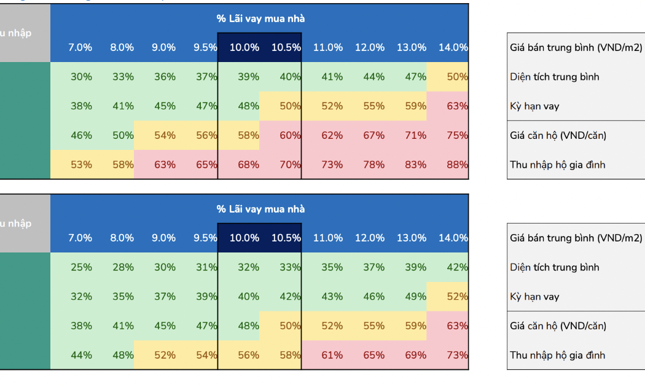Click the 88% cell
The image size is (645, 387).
[457, 165]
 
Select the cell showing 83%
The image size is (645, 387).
[415, 165]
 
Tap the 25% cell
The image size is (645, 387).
[81, 267]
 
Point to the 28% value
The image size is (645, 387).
[123, 267]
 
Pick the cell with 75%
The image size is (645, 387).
[457, 135]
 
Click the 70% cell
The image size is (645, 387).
[290, 165]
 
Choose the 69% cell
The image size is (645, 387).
[415, 355]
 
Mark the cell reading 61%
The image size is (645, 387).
[332, 355]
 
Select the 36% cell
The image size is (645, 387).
[165, 77]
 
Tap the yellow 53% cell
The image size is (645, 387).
[81, 165]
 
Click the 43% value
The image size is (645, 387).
[332, 297]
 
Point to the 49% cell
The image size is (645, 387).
[415, 297]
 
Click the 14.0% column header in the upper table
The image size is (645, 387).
[453, 47]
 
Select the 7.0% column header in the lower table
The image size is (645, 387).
[80, 238]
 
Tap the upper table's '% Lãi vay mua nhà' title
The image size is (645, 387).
[260, 19]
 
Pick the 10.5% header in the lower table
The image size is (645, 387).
[286, 238]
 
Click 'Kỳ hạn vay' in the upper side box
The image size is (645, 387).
[534, 106]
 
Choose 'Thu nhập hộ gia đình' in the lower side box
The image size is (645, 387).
[557, 355]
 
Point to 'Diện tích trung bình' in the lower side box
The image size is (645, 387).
[554, 267]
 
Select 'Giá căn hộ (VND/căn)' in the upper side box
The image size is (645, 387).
[558, 135]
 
